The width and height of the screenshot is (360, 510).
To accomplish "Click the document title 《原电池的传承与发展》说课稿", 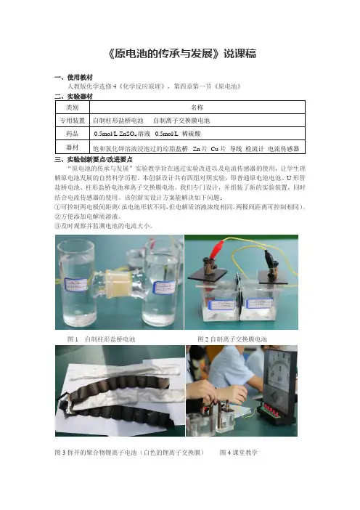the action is click(182, 53).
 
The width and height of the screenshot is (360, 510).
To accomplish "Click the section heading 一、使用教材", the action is click(73, 78).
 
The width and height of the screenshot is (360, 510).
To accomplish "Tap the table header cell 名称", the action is click(197, 108).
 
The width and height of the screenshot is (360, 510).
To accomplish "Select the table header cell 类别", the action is click(72, 108).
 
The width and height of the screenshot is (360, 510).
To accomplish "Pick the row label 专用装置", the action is click(72, 121).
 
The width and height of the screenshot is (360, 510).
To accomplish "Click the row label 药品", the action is click(72, 134).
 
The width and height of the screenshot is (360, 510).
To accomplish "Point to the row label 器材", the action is click(72, 147).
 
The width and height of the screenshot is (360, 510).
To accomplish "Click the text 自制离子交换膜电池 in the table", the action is click(181, 121).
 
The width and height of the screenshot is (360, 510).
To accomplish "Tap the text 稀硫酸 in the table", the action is click(192, 134).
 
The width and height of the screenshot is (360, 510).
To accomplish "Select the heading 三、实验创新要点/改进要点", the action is click(94, 159).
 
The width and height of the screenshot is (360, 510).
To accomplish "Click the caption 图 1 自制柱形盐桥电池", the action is click(101, 339).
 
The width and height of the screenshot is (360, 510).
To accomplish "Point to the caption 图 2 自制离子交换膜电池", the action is click(232, 339).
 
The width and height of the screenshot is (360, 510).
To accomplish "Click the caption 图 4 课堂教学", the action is click(239, 453).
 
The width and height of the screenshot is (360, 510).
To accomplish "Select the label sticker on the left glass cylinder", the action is click(75, 285).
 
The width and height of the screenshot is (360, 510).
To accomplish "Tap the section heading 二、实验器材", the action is click(73, 97).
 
